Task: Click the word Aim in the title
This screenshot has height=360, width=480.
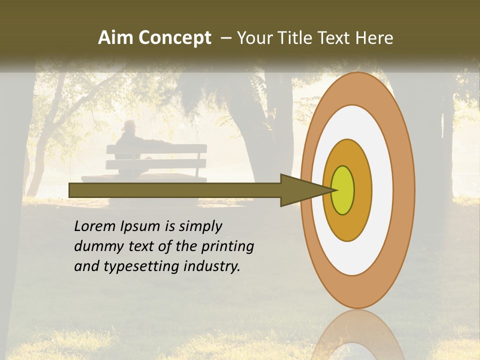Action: (x=115, y=38)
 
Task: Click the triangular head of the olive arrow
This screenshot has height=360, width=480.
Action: (x=300, y=190)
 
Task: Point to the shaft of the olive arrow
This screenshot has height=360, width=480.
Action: (x=175, y=190)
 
